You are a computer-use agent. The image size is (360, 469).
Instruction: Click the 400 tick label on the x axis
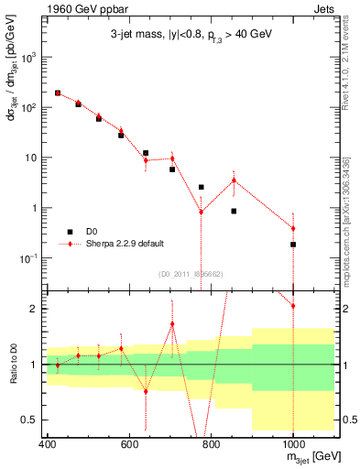click(x=48, y=445)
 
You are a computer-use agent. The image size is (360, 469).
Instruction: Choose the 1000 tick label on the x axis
click(x=292, y=445)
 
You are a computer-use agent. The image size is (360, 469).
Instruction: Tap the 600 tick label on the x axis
click(x=129, y=445)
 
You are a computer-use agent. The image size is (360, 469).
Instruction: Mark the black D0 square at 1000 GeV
click(x=293, y=245)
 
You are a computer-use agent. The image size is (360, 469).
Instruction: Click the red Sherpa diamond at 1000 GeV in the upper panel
click(x=293, y=228)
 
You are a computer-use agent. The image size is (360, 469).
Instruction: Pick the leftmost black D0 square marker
click(x=58, y=93)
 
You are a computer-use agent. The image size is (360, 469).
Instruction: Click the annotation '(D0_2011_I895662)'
click(x=190, y=273)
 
